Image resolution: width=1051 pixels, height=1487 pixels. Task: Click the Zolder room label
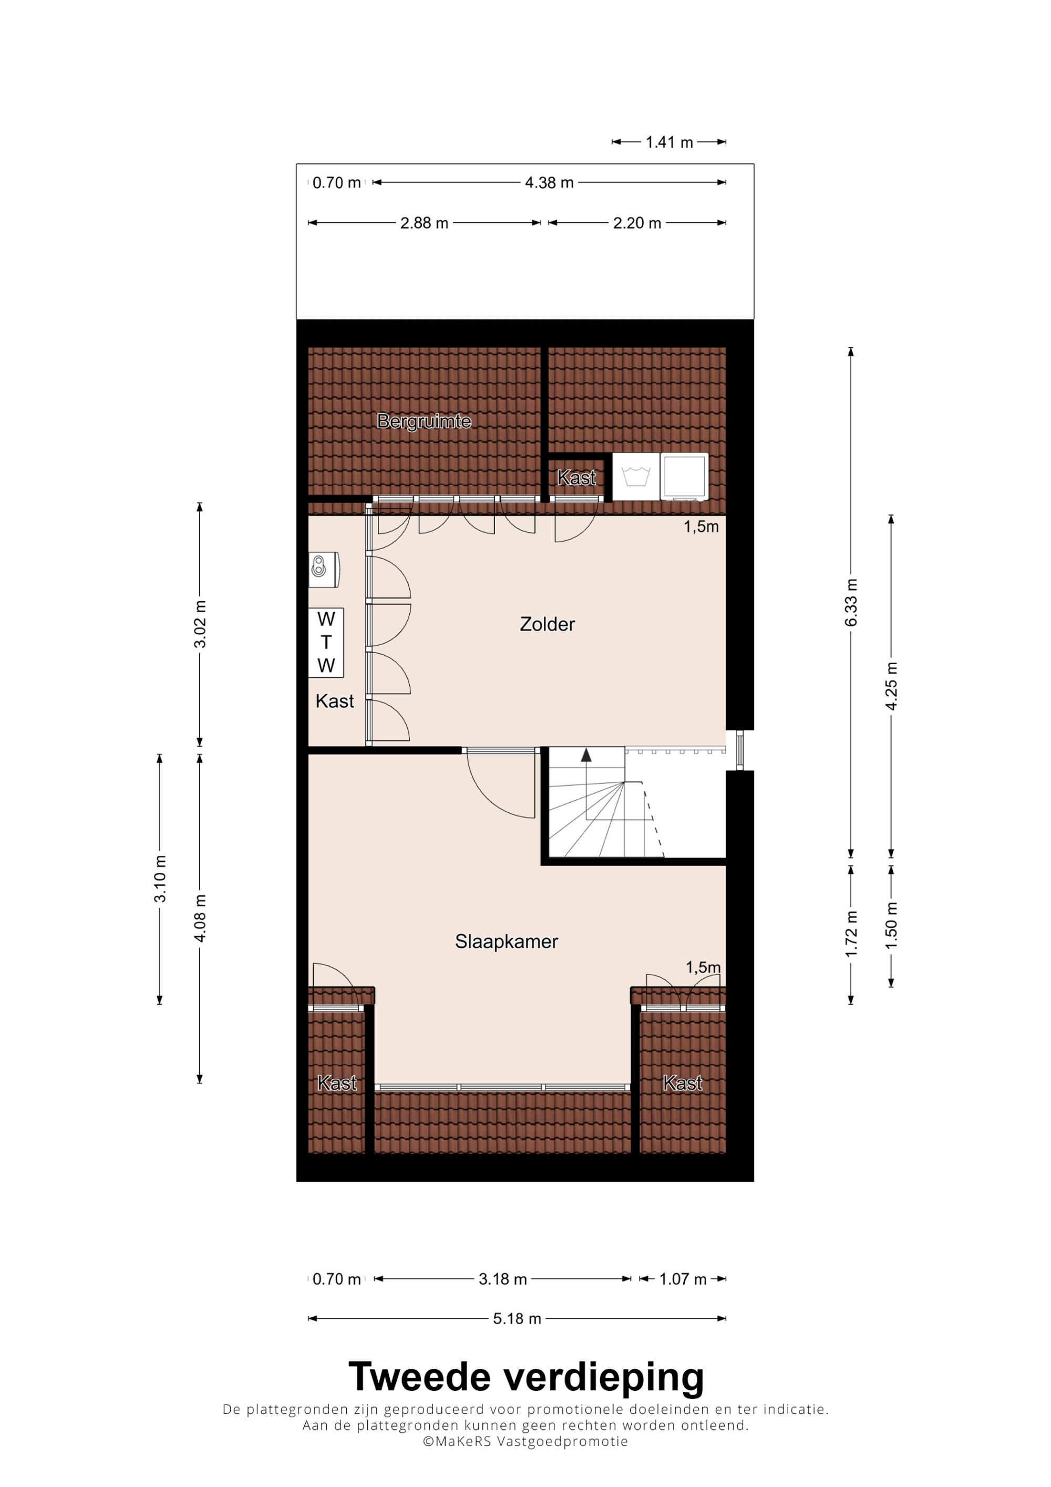[x=547, y=624]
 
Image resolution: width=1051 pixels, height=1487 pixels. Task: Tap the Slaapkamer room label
[x=507, y=942]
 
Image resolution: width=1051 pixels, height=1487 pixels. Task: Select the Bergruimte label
[x=424, y=421]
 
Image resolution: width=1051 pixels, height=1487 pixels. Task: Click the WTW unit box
[x=326, y=643]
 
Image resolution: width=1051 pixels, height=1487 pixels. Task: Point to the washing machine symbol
[x=636, y=476]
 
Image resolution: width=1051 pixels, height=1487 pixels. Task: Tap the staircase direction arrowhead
[x=586, y=755]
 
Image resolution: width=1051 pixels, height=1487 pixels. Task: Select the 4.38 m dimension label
[x=549, y=183]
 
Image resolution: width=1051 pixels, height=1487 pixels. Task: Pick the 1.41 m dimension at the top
[x=669, y=142]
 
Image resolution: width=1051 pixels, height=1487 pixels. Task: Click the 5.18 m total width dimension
[x=517, y=1319]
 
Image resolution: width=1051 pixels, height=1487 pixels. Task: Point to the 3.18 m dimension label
[x=502, y=1279]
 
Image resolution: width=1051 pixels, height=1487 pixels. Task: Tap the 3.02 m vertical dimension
[x=200, y=624]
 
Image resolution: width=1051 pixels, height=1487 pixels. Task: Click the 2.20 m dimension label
[x=637, y=223]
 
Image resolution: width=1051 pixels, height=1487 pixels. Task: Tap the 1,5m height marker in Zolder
[x=702, y=526]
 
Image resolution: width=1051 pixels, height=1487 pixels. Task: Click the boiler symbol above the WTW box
[x=324, y=569]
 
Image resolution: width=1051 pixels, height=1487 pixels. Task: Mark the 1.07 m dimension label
[x=683, y=1279]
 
